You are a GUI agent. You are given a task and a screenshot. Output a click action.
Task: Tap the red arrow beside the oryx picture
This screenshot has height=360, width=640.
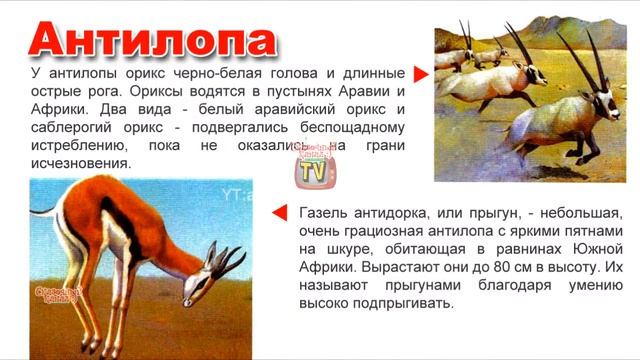421,75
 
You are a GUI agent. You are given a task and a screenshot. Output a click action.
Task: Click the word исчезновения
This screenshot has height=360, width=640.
81,163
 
